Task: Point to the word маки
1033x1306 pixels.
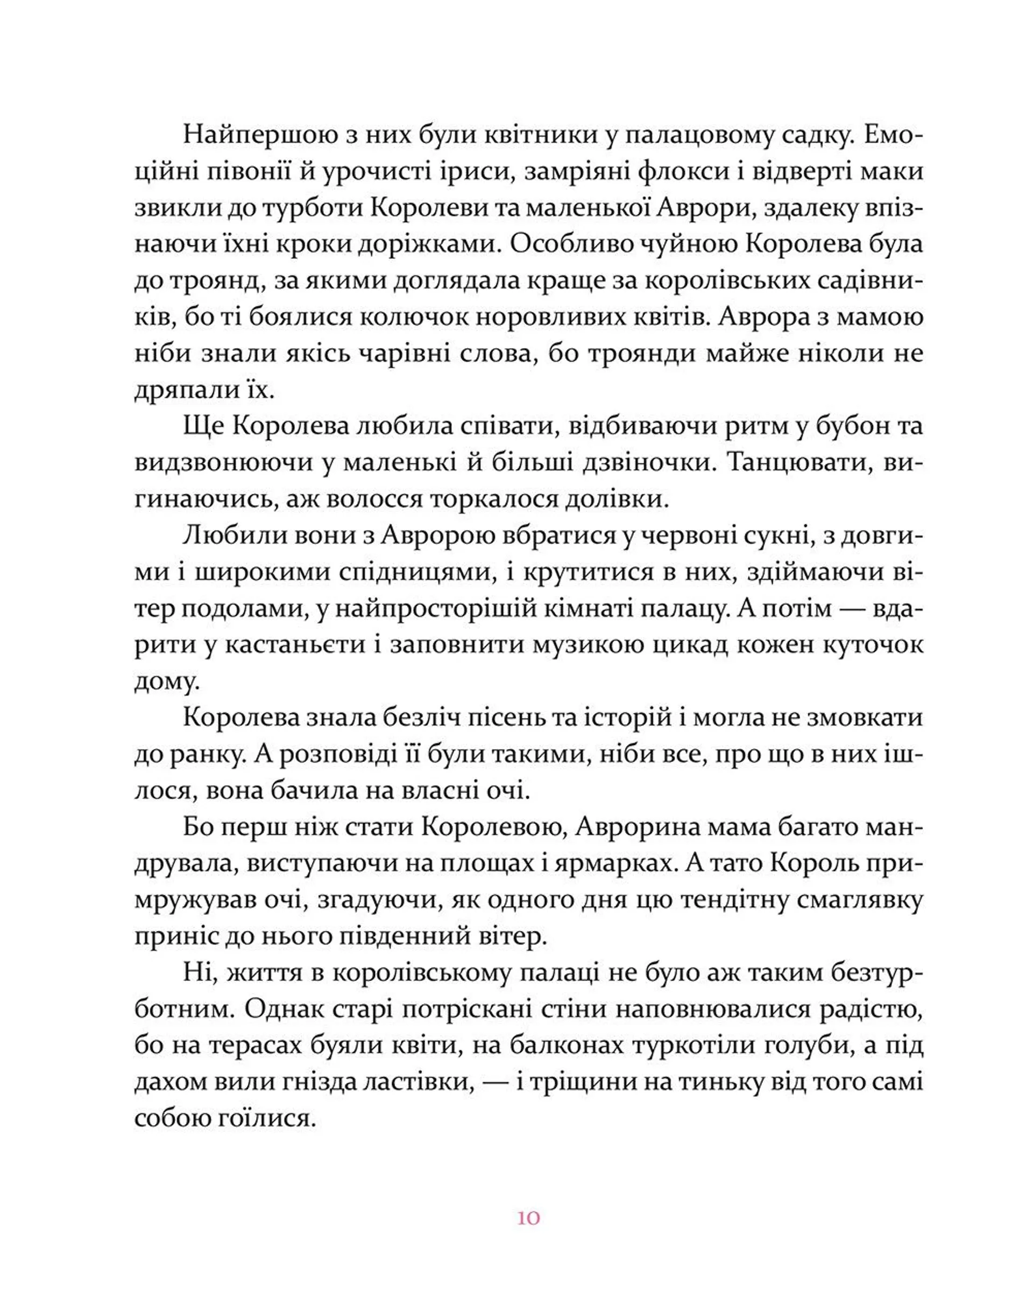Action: click(895, 172)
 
